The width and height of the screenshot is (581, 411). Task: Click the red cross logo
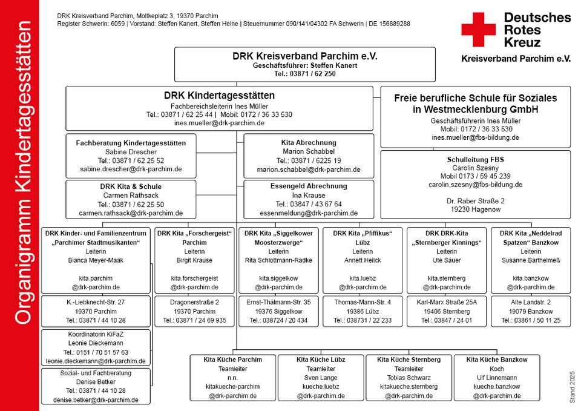point(478,30)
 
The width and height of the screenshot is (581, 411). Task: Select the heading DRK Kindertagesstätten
point(219,96)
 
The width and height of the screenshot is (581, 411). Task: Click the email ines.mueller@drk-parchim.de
point(219,123)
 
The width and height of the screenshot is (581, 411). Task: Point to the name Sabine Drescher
point(131,151)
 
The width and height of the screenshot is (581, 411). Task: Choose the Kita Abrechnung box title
point(309,143)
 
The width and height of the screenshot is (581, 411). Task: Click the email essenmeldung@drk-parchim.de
point(309,213)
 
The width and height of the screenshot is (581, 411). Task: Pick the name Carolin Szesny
point(476,168)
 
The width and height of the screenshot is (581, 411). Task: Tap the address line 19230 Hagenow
point(476,209)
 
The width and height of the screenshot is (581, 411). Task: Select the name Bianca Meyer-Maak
point(96,260)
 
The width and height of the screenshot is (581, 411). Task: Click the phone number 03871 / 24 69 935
point(201,320)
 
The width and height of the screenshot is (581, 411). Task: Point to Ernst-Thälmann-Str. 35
point(278,302)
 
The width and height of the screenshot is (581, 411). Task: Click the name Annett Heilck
point(363,260)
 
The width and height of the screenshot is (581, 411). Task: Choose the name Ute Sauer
point(447,260)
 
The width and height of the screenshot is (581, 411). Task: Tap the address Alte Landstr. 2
point(531,302)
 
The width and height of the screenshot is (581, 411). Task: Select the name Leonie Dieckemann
point(96,343)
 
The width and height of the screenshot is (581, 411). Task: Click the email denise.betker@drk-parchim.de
point(96,400)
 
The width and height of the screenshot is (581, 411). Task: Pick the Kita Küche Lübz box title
point(321,360)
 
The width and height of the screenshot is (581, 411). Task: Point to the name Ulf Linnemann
point(496,378)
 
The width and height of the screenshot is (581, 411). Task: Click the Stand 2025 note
point(573,387)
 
